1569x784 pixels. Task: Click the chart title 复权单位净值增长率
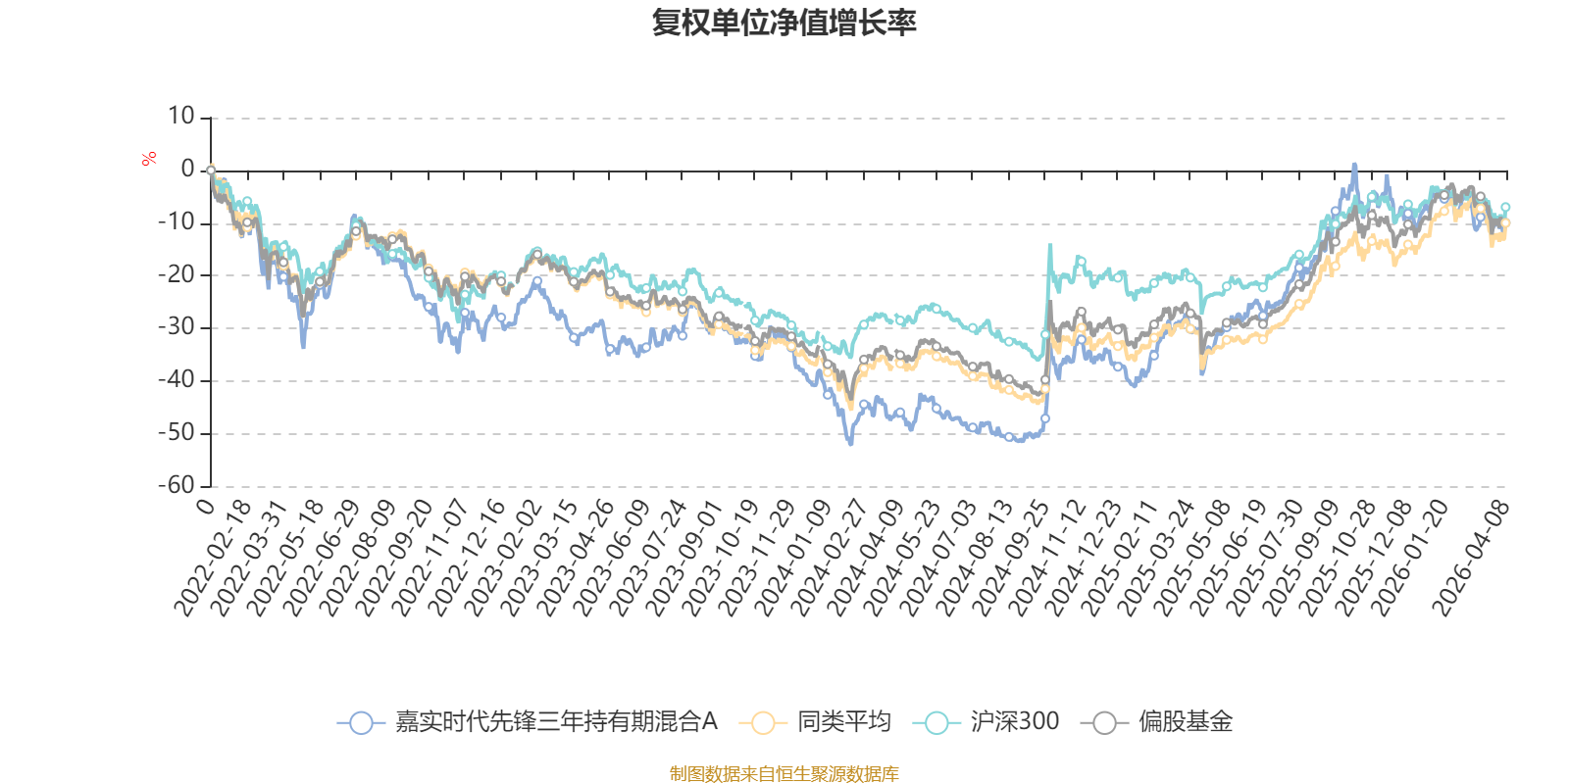(784, 23)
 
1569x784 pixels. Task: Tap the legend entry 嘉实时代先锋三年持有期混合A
(555, 722)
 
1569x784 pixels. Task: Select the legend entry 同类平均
(842, 722)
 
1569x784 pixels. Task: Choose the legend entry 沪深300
(1014, 722)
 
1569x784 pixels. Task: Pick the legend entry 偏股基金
(1185, 722)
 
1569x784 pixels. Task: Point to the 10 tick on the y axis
(180, 117)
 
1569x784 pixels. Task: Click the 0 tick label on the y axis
(187, 170)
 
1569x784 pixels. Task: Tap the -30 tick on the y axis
(177, 327)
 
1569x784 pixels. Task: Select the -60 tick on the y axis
(177, 485)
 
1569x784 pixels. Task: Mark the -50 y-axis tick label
(177, 432)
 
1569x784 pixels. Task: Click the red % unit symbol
(149, 159)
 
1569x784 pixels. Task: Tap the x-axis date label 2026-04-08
(1471, 557)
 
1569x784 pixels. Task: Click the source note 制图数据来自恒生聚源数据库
(784, 774)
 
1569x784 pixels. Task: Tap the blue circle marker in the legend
(361, 723)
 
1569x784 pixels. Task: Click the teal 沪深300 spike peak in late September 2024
(1050, 245)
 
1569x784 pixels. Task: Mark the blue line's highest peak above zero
(1354, 165)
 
